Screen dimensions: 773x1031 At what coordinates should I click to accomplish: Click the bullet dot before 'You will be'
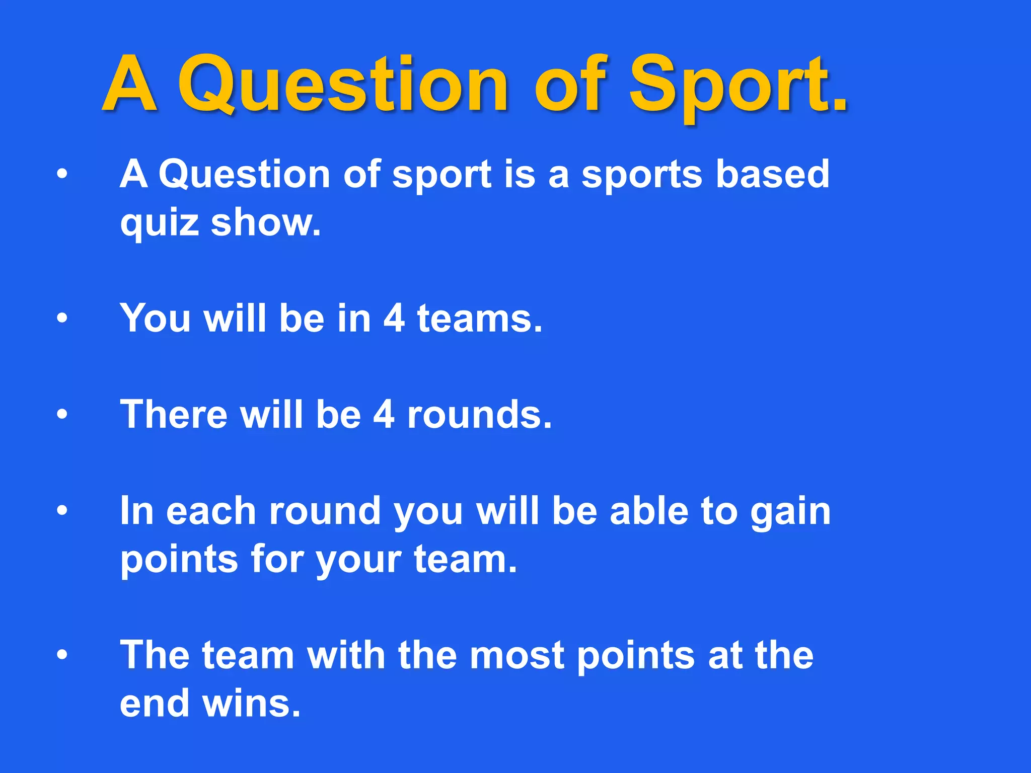coord(62,318)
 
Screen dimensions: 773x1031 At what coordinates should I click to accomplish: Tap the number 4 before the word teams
coord(394,318)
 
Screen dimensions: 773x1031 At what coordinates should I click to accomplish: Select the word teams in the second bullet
coord(480,318)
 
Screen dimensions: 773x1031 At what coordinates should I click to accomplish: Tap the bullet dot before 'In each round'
coord(62,511)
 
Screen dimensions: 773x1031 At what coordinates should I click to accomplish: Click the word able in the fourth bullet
coord(649,511)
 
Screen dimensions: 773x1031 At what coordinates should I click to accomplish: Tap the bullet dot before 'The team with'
coord(62,655)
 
